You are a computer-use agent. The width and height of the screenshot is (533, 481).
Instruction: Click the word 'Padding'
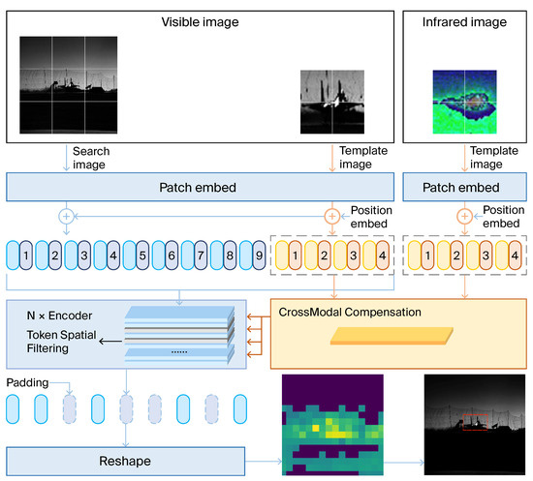click(x=26, y=383)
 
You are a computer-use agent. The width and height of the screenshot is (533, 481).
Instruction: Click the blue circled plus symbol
click(x=66, y=216)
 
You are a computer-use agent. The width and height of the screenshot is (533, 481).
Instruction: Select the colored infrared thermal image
click(x=467, y=98)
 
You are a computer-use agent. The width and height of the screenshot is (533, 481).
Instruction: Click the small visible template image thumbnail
click(x=329, y=100)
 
